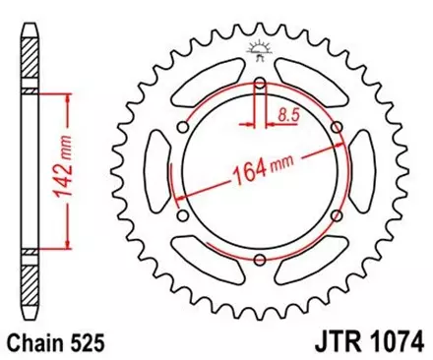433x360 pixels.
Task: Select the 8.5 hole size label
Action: (287, 115)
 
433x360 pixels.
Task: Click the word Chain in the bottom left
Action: (33, 344)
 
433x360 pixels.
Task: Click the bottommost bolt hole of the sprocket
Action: (260, 261)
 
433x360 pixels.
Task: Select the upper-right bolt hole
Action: (338, 128)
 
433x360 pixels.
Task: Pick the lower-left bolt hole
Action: (182, 216)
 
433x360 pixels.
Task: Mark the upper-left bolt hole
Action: (182, 128)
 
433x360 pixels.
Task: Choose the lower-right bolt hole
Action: (338, 216)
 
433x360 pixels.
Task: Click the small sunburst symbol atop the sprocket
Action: (260, 46)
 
